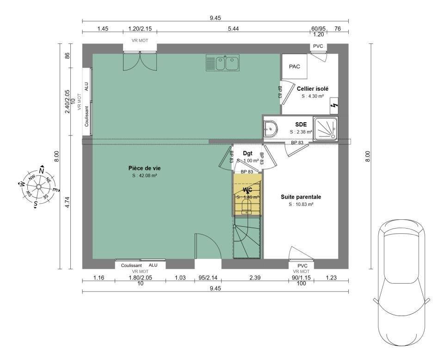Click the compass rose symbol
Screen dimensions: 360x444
click(38, 186)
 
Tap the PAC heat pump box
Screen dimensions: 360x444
click(295, 67)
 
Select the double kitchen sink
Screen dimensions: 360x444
click(223, 63)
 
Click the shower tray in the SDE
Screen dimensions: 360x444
click(326, 128)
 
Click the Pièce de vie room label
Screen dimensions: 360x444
click(145, 168)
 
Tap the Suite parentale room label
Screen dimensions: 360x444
click(301, 197)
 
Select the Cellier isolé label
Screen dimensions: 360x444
click(313, 88)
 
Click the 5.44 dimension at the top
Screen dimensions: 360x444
click(234, 29)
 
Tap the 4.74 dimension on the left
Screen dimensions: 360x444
click(67, 203)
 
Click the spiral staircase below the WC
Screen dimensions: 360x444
click(247, 238)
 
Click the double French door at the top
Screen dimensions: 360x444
click(140, 61)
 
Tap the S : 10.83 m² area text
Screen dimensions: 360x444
click(301, 204)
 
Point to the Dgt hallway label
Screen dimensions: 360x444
click(247, 153)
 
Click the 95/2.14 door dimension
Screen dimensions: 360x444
click(208, 277)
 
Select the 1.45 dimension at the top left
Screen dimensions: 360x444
click(103, 29)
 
